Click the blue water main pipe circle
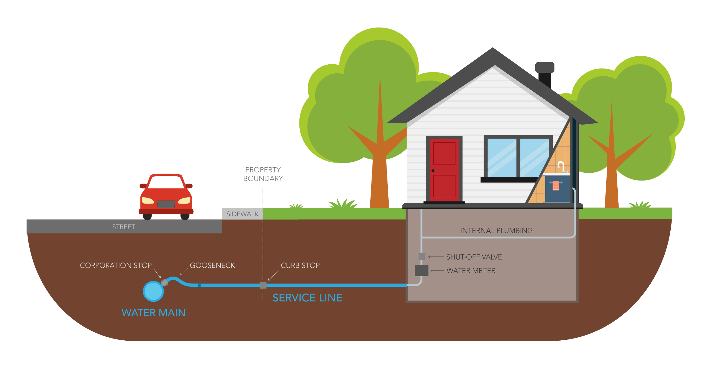point(153,291)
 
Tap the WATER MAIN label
point(154,313)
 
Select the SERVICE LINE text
point(307,298)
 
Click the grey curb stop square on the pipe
point(263,285)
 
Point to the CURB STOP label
point(300,266)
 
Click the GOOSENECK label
point(212,266)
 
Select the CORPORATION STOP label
point(116,266)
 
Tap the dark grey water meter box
point(421,271)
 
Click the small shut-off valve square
point(422,257)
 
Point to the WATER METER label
point(471,271)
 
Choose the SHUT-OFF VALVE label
point(474,257)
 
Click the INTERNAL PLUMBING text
point(496,231)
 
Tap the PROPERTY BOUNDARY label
point(263,174)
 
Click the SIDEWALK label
point(242,214)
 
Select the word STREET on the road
point(124,227)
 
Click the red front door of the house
point(444,169)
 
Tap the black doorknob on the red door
point(433,171)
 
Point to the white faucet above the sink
point(561,166)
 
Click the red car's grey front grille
point(166,204)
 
